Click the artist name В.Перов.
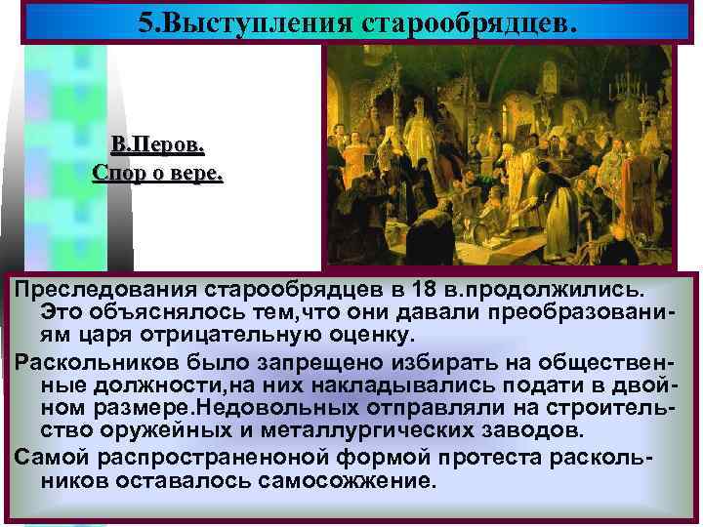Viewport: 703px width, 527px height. (x=157, y=146)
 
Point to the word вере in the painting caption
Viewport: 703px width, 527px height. (x=198, y=175)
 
